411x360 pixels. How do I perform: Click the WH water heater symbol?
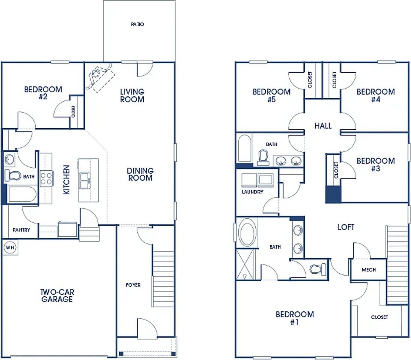click(10, 247)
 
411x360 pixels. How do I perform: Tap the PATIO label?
click(137, 24)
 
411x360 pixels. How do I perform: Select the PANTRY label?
click(21, 230)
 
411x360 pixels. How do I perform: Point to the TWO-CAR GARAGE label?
click(57, 295)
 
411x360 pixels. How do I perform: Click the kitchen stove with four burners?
click(47, 178)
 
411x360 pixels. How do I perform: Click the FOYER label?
click(133, 285)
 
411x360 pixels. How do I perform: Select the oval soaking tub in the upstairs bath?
click(247, 233)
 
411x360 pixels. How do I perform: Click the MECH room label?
click(369, 270)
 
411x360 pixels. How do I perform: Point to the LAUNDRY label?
click(253, 192)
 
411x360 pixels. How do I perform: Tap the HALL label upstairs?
click(323, 126)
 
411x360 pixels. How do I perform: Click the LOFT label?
click(346, 227)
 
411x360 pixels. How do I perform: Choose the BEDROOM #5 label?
click(271, 96)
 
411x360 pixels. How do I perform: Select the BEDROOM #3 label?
click(376, 165)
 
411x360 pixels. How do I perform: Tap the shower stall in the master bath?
click(245, 264)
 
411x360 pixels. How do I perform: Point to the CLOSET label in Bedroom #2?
click(74, 111)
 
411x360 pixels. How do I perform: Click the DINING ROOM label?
click(140, 174)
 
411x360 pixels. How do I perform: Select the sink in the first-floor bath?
click(9, 159)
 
